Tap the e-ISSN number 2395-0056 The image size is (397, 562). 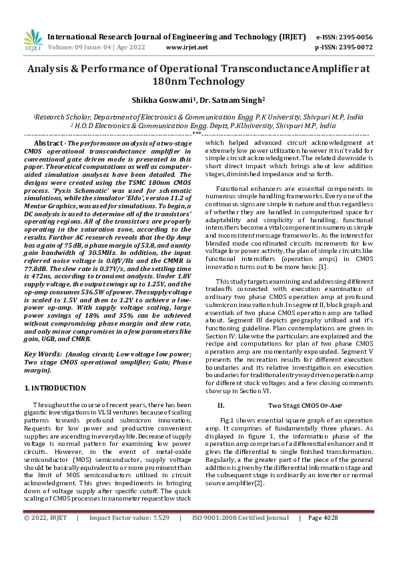pos(354,37)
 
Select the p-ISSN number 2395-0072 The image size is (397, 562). pos(354,48)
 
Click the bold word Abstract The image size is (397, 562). pos(48,144)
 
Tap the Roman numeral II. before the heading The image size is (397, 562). pos(221,405)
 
